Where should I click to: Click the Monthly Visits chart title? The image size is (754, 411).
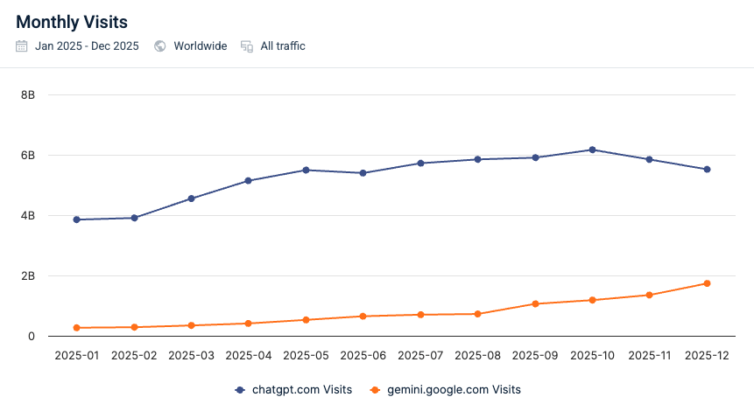pos(71,22)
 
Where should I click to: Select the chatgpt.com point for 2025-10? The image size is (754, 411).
pos(592,150)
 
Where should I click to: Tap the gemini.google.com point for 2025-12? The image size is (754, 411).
pos(707,283)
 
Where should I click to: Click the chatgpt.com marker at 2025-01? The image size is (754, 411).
pos(77,219)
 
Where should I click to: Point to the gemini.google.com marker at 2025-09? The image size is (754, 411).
pos(535,303)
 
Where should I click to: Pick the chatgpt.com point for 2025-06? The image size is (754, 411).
pos(363,173)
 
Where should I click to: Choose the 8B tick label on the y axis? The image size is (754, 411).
pos(27,94)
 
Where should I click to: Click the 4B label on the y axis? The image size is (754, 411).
pos(27,215)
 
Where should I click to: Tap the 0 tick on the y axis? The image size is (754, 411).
pos(31,336)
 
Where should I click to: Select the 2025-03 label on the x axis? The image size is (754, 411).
pos(191,356)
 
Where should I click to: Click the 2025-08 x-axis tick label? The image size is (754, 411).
pos(477,356)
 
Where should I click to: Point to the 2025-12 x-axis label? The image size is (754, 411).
pos(707,356)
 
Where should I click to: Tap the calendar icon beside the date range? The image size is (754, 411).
pos(22,46)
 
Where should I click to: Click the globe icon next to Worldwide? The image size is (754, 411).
pos(160,46)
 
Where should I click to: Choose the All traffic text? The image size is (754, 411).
pos(283,46)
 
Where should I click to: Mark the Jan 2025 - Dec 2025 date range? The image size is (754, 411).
pos(87,46)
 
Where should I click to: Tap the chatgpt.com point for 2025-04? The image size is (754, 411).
pos(249,181)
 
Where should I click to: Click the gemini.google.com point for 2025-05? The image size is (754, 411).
pos(306,320)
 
